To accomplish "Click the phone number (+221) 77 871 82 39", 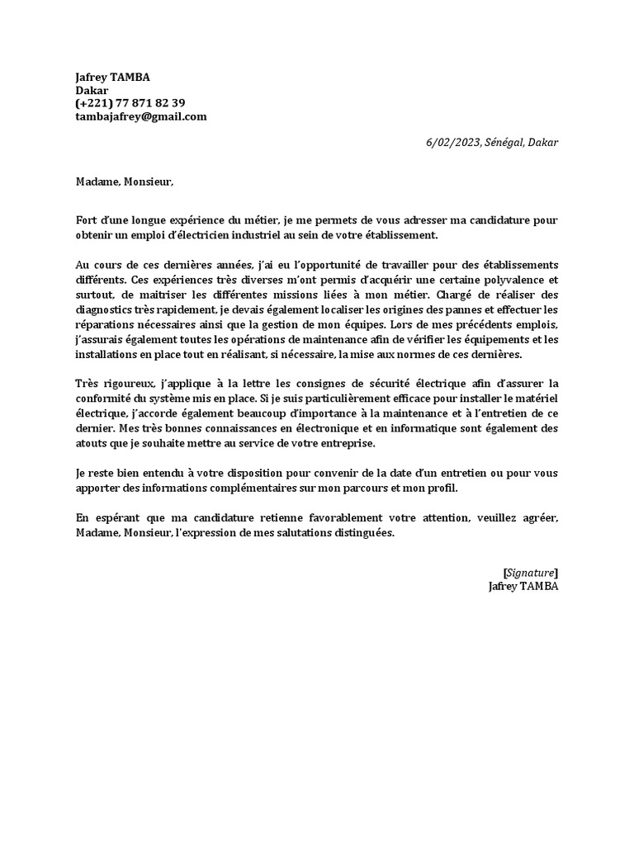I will [130, 103].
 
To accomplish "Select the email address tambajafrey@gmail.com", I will [140, 116].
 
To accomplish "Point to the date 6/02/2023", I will [451, 142].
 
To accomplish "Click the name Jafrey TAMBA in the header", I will [112, 77].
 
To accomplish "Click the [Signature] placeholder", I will [530, 572].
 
